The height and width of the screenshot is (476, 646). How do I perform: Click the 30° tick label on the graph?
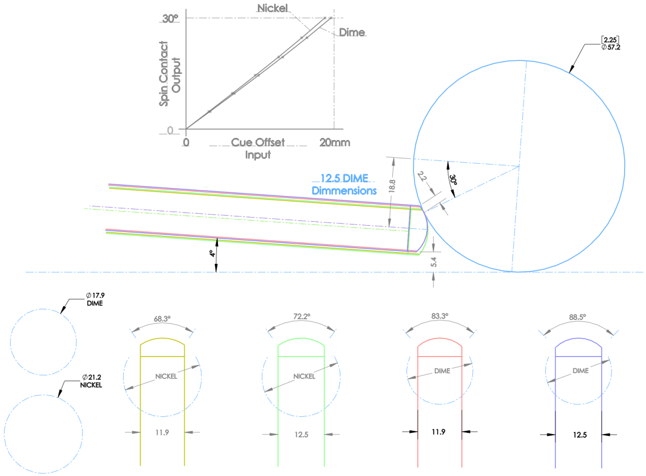click(170, 19)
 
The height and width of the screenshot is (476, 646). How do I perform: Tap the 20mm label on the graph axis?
click(335, 143)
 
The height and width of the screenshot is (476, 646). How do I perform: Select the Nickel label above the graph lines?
click(272, 8)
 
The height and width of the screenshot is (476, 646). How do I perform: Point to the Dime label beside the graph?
click(352, 32)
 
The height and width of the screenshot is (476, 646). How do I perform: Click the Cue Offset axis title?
click(258, 142)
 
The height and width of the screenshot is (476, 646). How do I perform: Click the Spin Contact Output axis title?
click(170, 74)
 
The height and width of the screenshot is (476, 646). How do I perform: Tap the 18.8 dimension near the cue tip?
click(392, 186)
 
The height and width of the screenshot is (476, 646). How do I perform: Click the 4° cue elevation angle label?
click(212, 253)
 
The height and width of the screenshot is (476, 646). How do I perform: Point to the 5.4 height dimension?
click(433, 262)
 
